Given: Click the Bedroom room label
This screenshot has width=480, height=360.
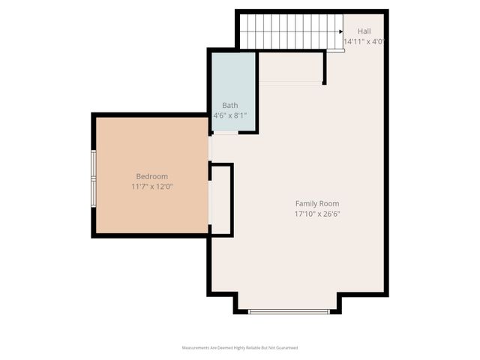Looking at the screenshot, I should point(152,175).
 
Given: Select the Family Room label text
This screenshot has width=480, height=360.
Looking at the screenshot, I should point(316,203).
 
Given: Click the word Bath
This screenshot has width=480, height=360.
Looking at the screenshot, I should point(229,106).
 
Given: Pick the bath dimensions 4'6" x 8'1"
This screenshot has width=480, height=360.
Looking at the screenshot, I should point(229,115).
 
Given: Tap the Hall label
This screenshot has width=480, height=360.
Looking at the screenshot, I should point(364,31).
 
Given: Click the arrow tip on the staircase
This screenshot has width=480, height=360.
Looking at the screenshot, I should point(342,32).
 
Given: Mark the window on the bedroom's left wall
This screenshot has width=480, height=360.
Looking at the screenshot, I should point(94,178).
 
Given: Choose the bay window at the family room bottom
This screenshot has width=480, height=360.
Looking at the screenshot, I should point(289,310).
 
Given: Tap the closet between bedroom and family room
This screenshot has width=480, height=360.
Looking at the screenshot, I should point(220,199).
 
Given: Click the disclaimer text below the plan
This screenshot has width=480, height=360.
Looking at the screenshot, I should point(240,348).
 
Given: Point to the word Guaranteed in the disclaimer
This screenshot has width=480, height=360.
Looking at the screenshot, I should point(286,348).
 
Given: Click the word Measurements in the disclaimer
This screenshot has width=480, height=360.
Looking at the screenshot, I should point(195,348).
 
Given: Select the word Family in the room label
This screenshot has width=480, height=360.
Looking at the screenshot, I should point(306,203).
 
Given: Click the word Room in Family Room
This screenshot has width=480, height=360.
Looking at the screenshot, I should point(328,203).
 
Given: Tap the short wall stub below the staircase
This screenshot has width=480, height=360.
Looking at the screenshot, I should point(324,67).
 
